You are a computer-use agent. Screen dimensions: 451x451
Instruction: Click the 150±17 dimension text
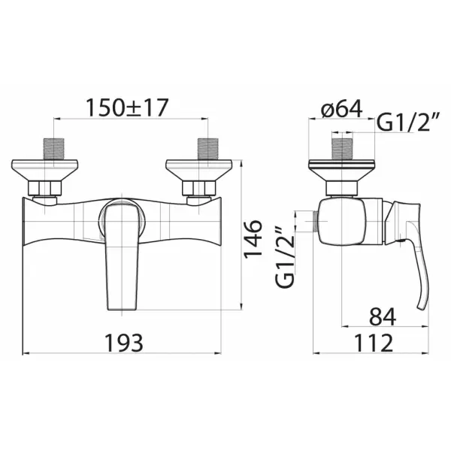(127, 107)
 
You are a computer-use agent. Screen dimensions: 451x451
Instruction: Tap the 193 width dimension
(123, 343)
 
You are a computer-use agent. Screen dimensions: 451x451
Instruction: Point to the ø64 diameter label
(342, 109)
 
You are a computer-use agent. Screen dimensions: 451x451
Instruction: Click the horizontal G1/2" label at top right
(407, 123)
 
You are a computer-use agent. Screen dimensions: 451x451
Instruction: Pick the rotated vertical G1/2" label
(285, 256)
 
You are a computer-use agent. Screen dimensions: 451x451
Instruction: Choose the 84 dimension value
(383, 316)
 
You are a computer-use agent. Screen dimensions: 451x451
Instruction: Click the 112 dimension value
(374, 343)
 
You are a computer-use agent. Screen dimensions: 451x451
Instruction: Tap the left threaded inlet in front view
(54, 149)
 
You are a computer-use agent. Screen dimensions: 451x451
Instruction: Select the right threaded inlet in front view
(208, 149)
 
